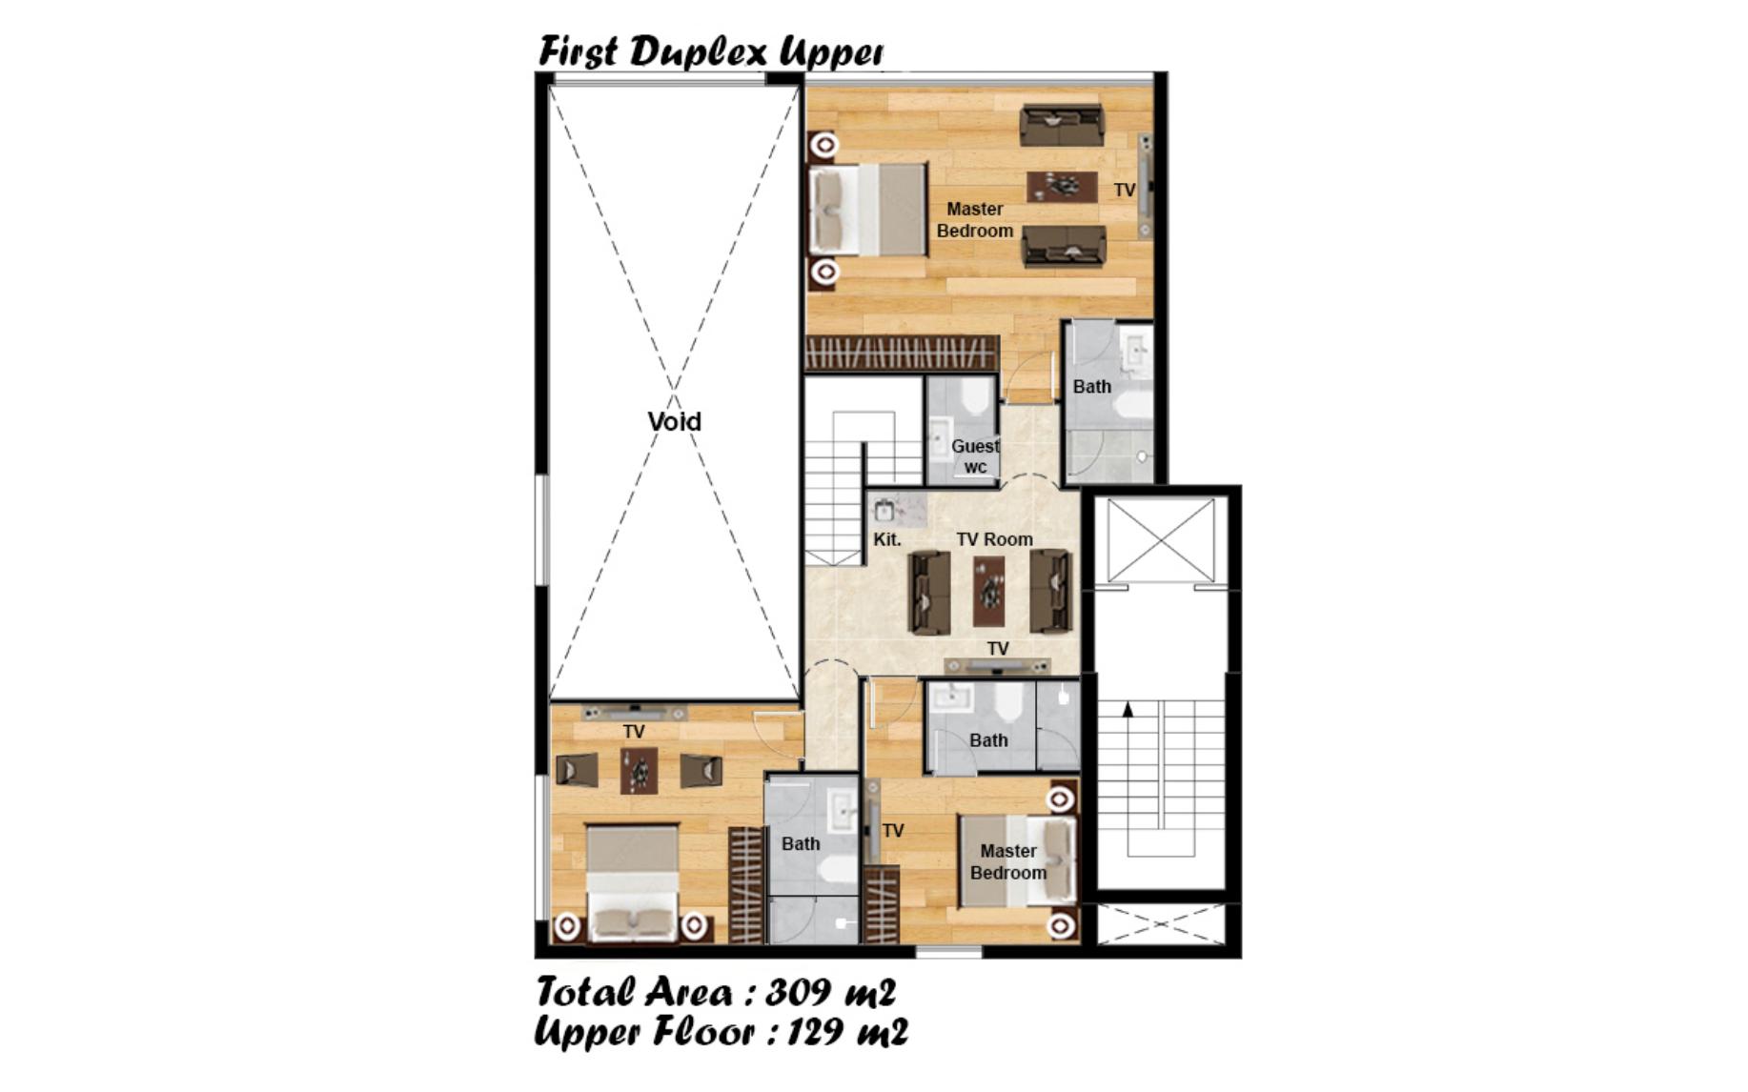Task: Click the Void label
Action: pos(674,421)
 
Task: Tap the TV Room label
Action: pos(994,539)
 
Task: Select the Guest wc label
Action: pos(975,456)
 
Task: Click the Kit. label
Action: pos(887,539)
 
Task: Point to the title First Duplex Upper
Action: pos(710,51)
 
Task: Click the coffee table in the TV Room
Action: pos(989,592)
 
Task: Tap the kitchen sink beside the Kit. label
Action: pos(884,510)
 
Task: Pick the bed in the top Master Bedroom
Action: pos(867,210)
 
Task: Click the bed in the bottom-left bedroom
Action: pos(632,883)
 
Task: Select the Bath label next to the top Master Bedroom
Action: pos(1092,387)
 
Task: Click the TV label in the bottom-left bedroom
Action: pos(634,732)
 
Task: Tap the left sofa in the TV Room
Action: pos(929,592)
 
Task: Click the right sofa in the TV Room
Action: pos(1050,592)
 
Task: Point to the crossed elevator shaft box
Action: pos(1162,539)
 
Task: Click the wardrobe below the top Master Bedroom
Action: pos(902,354)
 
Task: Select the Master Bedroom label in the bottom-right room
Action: pos(1008,861)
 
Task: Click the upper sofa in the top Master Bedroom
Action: pos(1062,125)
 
